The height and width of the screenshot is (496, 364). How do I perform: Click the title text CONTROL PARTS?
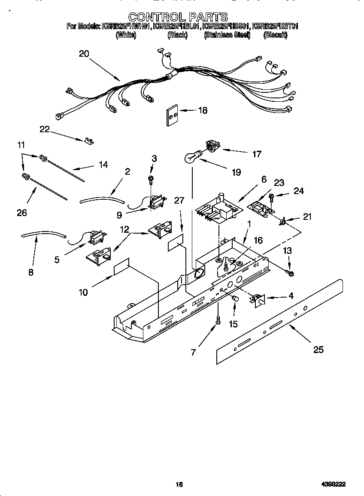(x=178, y=17)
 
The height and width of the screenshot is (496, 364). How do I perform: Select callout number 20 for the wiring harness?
(x=84, y=54)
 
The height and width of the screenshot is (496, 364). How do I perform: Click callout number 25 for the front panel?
(x=318, y=350)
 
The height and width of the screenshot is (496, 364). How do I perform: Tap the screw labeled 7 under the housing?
(x=218, y=320)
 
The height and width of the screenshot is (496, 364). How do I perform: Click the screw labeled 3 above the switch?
(x=151, y=178)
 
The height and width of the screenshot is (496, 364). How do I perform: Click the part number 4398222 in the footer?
(x=334, y=484)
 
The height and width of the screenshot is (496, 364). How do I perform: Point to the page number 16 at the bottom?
(x=179, y=484)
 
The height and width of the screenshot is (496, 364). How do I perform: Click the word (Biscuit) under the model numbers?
(x=275, y=35)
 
